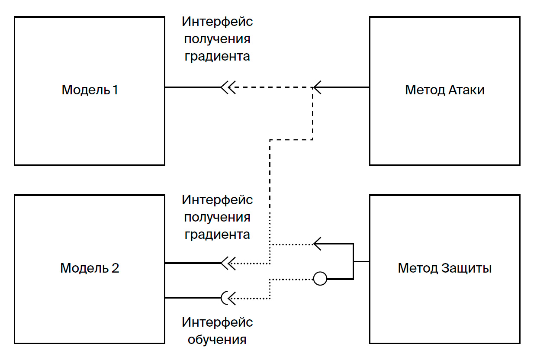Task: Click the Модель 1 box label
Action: coord(90,90)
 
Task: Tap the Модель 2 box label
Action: coord(90,268)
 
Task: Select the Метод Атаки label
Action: coord(444,90)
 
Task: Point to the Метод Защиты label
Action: coord(444,268)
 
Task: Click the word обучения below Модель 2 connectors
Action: coord(217,339)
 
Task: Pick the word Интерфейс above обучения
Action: coord(217,322)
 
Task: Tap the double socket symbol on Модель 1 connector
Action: coord(228,87)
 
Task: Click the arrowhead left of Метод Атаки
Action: coord(317,87)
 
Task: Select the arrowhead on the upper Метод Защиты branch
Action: coord(317,244)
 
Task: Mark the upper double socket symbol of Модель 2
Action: coord(228,263)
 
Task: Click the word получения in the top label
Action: coord(217,39)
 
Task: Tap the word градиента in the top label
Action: coord(217,57)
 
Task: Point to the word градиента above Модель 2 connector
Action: coord(217,235)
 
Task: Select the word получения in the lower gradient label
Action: coord(217,218)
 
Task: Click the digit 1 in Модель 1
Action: coord(115,90)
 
